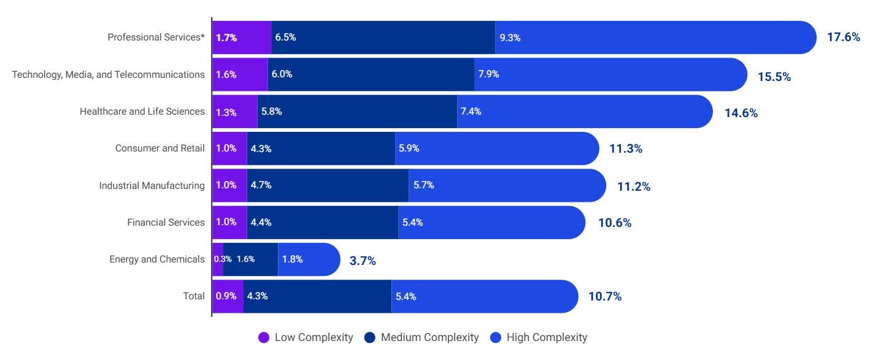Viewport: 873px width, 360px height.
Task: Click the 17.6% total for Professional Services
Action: point(844,37)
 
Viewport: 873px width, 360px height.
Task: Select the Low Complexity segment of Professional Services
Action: point(242,37)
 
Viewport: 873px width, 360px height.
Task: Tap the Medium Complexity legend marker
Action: point(369,337)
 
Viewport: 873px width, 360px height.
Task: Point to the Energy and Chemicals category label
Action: point(157,259)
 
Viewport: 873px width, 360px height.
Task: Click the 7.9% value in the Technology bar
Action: point(489,74)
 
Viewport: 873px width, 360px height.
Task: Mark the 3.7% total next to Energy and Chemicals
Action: point(363,261)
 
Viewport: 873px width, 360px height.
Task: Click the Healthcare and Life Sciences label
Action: point(142,112)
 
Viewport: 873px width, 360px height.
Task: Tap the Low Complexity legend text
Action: point(313,337)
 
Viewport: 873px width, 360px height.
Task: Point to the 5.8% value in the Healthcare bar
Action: point(271,112)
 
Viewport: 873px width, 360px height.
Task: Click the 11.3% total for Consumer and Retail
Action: point(626,149)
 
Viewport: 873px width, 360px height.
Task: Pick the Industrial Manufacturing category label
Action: point(152,185)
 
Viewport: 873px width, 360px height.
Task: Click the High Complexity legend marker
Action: point(495,337)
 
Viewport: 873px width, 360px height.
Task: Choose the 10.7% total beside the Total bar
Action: point(605,297)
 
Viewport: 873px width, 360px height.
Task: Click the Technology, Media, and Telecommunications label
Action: point(109,74)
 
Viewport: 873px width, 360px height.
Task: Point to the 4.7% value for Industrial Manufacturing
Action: point(261,185)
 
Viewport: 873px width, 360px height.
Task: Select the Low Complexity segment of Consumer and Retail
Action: point(229,148)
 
